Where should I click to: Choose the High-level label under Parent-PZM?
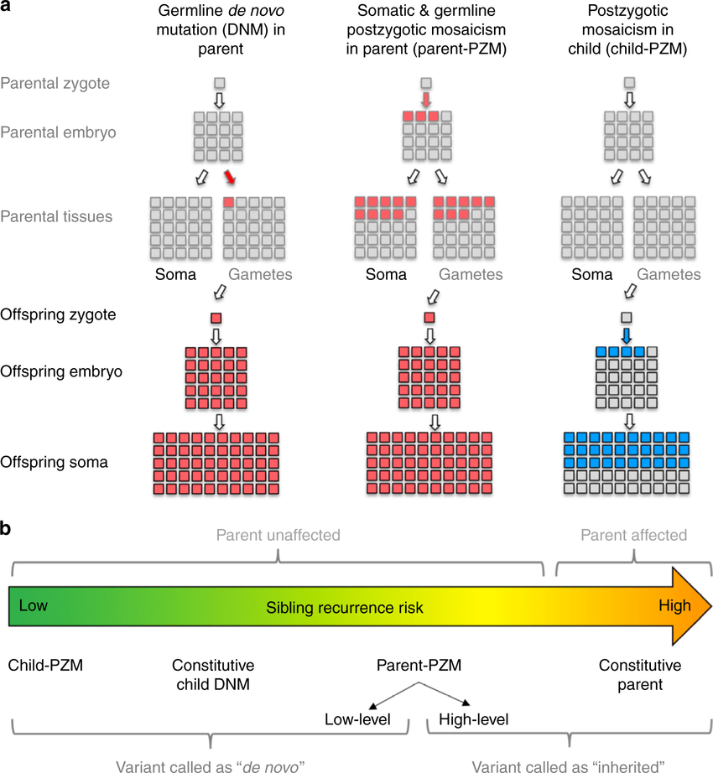coord(473,719)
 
